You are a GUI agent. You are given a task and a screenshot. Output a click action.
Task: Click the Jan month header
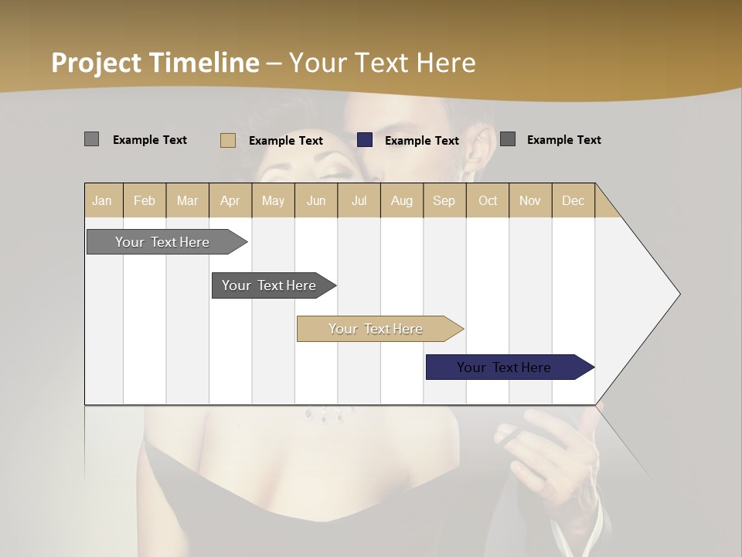click(x=103, y=200)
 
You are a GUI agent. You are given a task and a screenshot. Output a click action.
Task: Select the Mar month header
click(x=187, y=200)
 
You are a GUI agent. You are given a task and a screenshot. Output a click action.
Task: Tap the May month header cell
click(x=273, y=200)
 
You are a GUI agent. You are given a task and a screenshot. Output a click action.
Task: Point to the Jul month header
click(x=359, y=200)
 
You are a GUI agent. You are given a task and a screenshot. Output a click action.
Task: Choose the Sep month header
click(x=444, y=200)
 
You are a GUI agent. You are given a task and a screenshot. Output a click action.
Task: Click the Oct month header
click(x=487, y=200)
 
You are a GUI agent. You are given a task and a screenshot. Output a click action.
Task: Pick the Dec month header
click(x=573, y=200)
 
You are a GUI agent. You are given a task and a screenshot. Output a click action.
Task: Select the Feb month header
click(x=145, y=200)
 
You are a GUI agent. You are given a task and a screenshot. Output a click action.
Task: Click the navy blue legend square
click(x=365, y=140)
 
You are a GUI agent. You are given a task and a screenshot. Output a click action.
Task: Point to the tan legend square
click(x=228, y=140)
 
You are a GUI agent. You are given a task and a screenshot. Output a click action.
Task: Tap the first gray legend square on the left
click(x=91, y=139)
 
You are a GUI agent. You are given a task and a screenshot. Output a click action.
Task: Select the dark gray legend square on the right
click(x=508, y=139)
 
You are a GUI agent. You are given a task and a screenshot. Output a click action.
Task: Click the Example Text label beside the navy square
click(x=421, y=141)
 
